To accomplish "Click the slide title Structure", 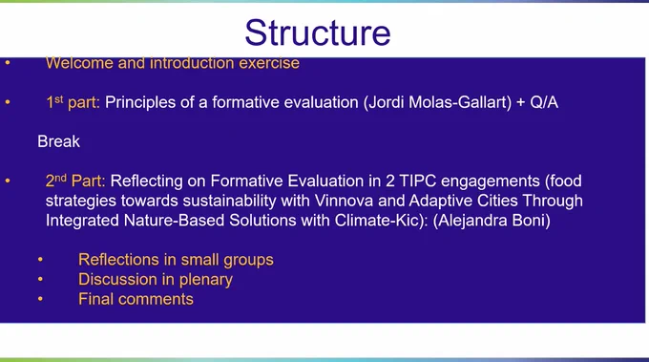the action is coord(318,32).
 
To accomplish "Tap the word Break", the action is coord(58,141).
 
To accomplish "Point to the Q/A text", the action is coord(544,102).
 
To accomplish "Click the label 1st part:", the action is coord(73,102).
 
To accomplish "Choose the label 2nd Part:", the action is coord(75,181).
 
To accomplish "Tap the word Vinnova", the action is coord(344,201).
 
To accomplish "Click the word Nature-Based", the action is coord(175,221).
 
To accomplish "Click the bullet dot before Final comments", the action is coord(40,299).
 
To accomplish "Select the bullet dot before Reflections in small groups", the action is coord(40,259).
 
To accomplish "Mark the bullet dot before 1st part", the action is coord(8,102).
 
